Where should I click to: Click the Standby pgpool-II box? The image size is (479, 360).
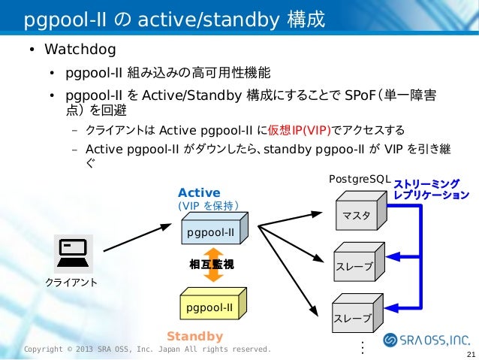click(209, 307)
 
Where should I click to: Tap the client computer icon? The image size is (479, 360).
click(73, 252)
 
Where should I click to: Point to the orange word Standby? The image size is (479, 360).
click(194, 336)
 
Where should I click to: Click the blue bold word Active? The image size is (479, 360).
click(199, 193)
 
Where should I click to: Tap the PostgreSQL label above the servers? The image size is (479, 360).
click(359, 180)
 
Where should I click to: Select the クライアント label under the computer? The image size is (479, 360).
click(72, 283)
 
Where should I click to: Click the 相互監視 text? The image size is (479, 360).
click(212, 264)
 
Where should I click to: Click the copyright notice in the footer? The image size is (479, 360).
click(147, 349)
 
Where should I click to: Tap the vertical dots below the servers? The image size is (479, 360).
click(363, 347)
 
